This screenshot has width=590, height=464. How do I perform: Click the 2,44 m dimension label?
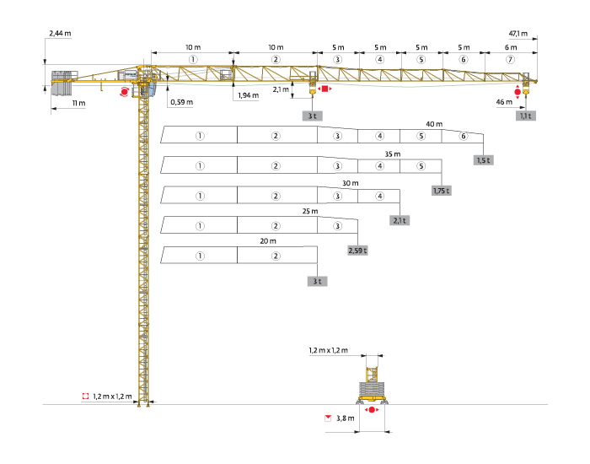(x=61, y=33)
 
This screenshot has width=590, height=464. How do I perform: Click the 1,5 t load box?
(x=483, y=160)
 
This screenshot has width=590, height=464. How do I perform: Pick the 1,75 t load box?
(x=442, y=191)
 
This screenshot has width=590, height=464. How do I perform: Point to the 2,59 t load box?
(x=358, y=251)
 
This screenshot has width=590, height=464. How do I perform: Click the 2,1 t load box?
(x=400, y=220)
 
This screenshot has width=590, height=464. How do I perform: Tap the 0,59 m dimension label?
(x=181, y=102)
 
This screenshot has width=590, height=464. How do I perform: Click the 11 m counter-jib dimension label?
(x=79, y=103)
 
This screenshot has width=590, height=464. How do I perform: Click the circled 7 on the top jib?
(x=507, y=60)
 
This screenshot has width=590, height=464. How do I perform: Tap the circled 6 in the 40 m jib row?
(x=463, y=136)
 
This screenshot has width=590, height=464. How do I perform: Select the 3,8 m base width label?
(x=344, y=418)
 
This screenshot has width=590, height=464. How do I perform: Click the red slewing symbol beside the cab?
(x=125, y=91)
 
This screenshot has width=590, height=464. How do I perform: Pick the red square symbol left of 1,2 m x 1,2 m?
(x=85, y=395)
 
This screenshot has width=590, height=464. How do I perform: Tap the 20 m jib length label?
(x=268, y=240)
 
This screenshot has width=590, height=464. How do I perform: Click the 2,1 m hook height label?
(x=282, y=88)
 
